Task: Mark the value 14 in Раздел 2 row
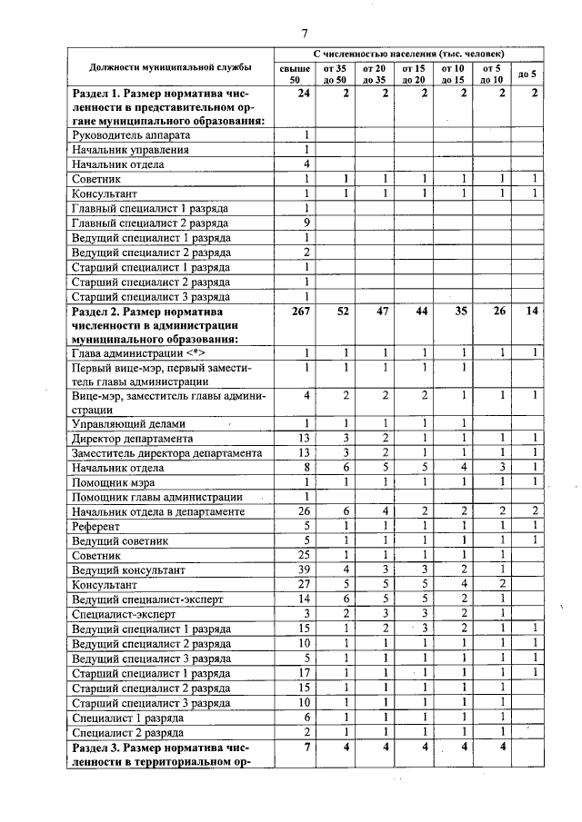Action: (x=532, y=311)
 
